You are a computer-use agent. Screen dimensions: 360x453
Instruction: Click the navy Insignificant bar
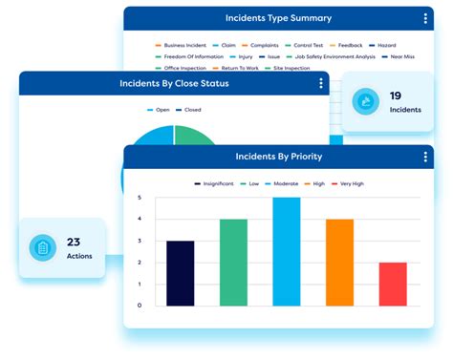pos(180,273)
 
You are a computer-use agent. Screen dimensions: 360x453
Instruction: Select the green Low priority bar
pos(233,263)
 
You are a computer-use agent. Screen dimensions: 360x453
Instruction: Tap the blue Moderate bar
pos(286,251)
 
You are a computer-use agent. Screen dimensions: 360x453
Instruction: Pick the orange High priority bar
pos(339,263)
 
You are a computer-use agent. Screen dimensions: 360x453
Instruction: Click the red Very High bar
pos(392,284)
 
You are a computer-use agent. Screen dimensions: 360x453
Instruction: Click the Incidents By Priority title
pos(278,156)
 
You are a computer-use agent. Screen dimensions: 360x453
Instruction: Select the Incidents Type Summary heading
pos(278,18)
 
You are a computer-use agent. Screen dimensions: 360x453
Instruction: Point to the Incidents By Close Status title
pos(174,84)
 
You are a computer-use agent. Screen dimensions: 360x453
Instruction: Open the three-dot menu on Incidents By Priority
pos(426,156)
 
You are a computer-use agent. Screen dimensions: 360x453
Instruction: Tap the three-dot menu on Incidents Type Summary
pos(425,18)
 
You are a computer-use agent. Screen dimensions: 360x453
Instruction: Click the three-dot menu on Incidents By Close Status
pos(321,84)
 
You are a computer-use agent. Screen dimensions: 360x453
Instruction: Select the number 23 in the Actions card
pos(74,242)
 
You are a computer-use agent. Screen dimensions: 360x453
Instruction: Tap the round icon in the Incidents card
pos(364,101)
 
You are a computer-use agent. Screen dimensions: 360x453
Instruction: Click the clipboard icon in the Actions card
pos(42,248)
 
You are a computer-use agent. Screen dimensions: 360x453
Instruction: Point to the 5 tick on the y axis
pos(140,199)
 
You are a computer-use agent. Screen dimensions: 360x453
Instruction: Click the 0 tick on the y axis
pos(140,306)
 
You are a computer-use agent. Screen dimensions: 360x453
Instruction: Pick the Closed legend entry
pos(189,110)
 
